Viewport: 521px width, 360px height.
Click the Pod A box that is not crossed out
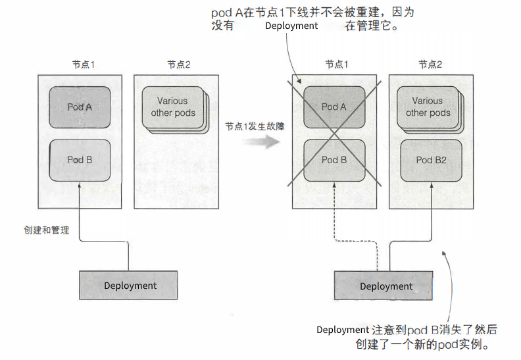[80, 107]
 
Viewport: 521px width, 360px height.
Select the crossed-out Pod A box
[334, 107]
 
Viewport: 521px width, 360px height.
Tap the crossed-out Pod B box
[334, 160]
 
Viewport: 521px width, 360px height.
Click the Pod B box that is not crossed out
[80, 160]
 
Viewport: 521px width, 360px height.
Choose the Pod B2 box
[431, 160]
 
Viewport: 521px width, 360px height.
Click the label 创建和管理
[46, 231]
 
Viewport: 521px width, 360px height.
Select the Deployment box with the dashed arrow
[385, 286]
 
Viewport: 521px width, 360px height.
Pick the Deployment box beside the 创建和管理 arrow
[130, 286]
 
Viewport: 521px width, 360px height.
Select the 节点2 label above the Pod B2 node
[430, 64]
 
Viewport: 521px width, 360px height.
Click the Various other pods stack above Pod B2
[429, 108]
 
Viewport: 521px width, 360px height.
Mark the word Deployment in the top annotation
[291, 26]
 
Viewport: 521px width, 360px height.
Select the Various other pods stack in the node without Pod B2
[173, 108]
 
